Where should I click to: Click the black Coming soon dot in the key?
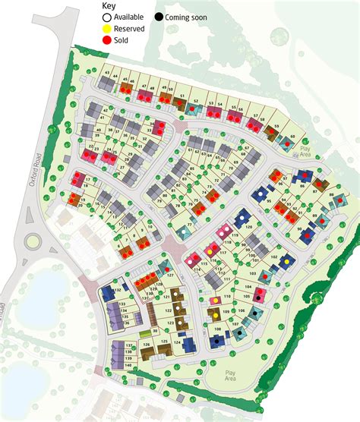click(157, 16)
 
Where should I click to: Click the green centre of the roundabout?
click(33, 242)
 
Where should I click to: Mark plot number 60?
click(293, 137)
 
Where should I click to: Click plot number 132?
click(118, 291)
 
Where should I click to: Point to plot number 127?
click(172, 276)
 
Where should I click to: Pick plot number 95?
click(268, 200)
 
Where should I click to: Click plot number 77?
click(189, 225)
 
